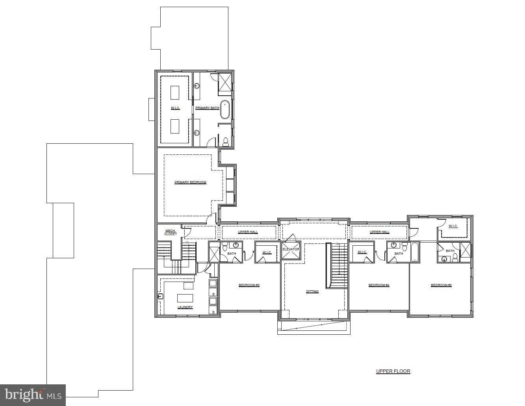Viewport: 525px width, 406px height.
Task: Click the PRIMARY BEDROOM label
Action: click(190, 182)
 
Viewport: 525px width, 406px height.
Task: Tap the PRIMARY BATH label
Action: click(207, 108)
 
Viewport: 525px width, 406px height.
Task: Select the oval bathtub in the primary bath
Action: click(224, 109)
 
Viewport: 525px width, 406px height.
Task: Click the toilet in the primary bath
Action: click(226, 141)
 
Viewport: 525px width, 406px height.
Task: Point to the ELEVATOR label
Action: click(291, 249)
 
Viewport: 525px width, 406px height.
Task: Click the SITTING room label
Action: click(312, 292)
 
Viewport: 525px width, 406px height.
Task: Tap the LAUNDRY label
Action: click(185, 307)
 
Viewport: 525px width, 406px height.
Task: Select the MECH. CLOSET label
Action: click(171, 232)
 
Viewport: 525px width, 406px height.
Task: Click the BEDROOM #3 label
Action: click(249, 285)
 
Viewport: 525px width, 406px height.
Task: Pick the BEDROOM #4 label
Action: click(378, 285)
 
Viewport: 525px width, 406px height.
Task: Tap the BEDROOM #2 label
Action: click(441, 285)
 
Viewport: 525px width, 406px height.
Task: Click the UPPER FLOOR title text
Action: click(393, 371)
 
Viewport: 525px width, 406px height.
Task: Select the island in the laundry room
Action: click(185, 297)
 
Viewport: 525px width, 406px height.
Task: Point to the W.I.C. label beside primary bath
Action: click(175, 108)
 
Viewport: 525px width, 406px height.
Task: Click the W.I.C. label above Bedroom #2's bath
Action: click(453, 226)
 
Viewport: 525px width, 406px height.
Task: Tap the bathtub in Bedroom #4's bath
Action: click(414, 252)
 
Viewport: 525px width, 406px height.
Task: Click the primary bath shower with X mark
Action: click(225, 82)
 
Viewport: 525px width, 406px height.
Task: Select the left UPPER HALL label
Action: click(248, 232)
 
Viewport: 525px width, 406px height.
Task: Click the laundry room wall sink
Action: click(160, 296)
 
